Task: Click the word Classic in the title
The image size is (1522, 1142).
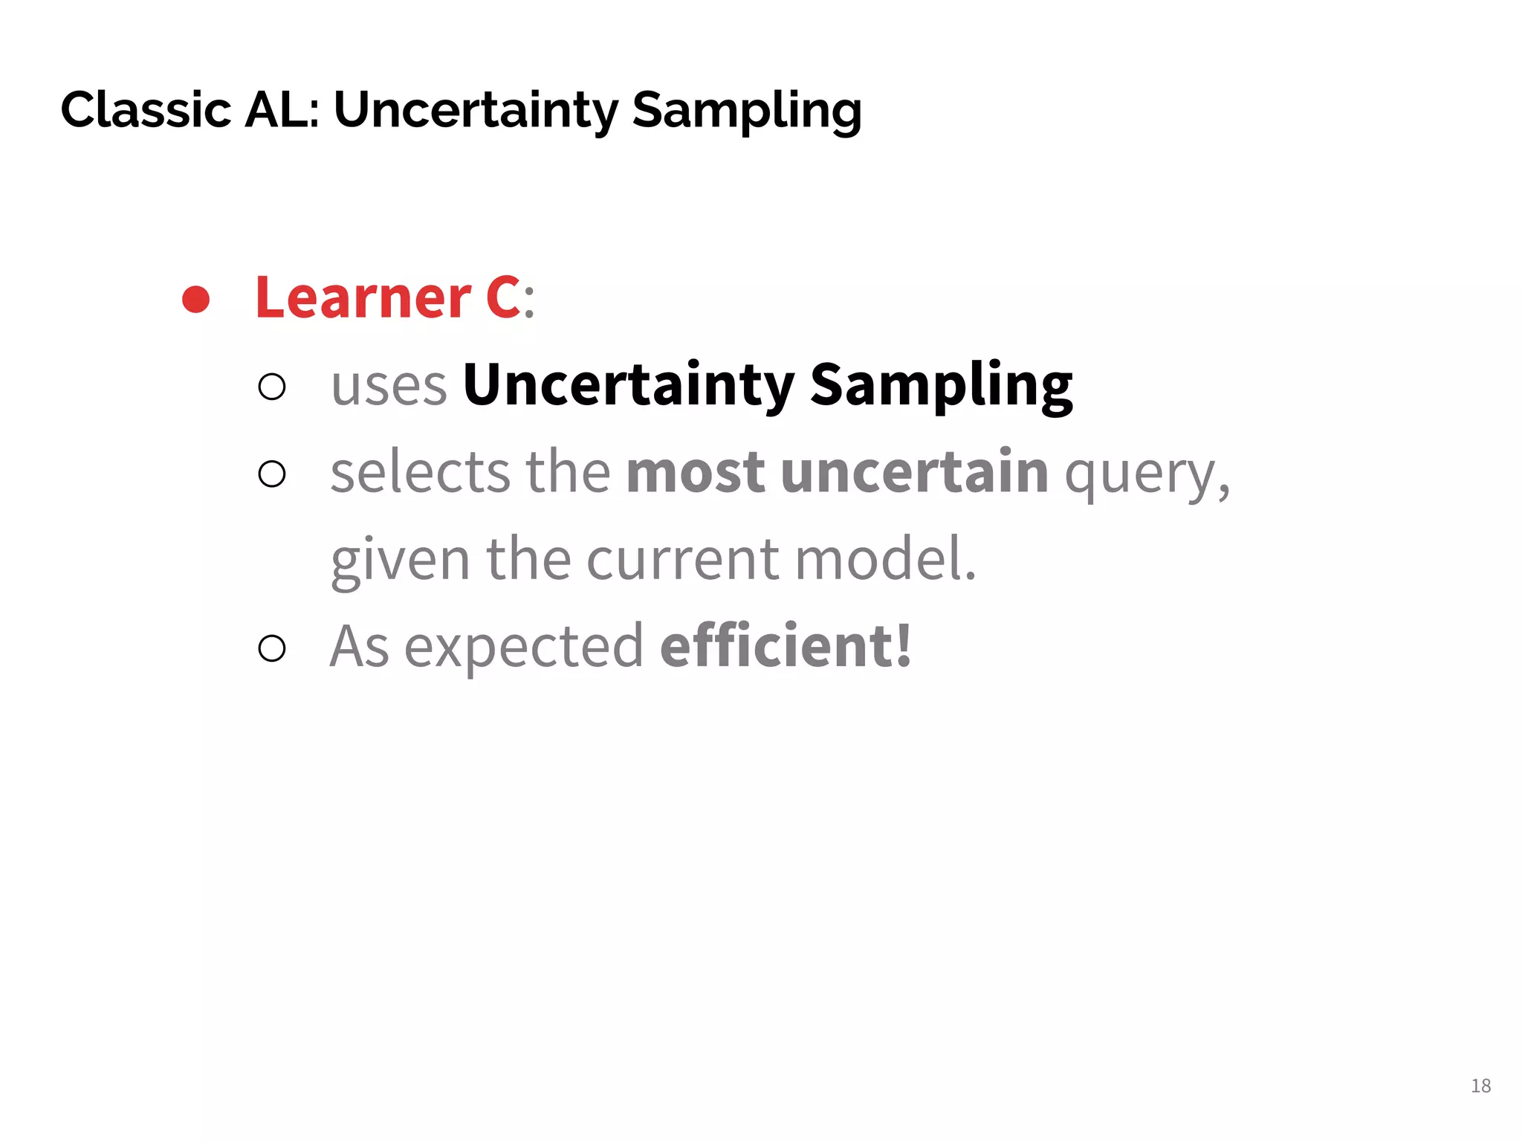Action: (146, 110)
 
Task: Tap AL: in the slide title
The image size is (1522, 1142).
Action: (282, 110)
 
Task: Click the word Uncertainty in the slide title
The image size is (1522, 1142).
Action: (476, 110)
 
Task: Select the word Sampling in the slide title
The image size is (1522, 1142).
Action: (746, 110)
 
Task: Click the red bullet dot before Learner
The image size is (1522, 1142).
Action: (196, 300)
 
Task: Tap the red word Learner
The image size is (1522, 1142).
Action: (363, 298)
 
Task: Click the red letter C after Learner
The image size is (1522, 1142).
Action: (503, 298)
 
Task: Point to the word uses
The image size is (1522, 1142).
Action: (389, 386)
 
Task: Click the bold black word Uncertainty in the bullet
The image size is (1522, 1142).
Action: (628, 386)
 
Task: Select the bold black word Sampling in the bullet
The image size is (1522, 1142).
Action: (941, 386)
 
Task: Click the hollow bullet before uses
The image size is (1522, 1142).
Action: (272, 387)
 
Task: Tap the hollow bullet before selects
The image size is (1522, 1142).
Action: (272, 474)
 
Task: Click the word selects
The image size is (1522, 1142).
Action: (420, 472)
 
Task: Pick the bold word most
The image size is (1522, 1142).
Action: (696, 472)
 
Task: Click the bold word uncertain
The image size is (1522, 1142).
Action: (914, 472)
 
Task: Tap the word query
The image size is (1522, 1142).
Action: (1145, 474)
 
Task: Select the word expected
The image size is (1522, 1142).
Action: (524, 647)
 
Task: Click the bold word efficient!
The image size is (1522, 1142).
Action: (786, 645)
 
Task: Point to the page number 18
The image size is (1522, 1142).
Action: (1480, 1086)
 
